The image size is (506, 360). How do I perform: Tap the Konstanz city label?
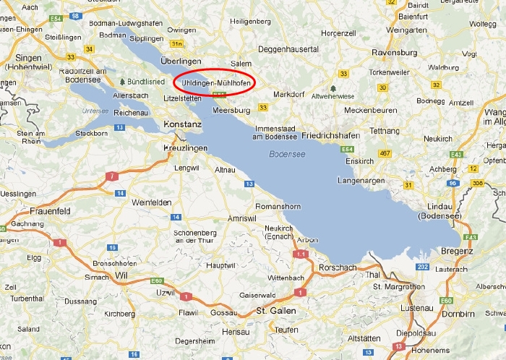[183, 124]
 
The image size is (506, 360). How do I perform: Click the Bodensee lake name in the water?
[288, 154]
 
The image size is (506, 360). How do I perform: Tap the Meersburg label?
[231, 110]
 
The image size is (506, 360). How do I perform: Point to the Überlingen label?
[180, 62]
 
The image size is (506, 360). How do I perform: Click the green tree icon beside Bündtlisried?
[122, 82]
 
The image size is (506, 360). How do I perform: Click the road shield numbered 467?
[385, 153]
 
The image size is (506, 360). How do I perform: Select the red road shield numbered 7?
[111, 176]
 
